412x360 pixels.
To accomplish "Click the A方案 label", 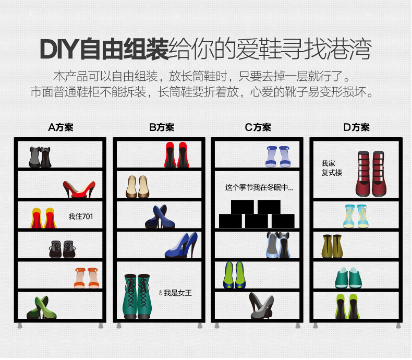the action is click(x=60, y=127).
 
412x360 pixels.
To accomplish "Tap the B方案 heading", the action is click(x=162, y=127).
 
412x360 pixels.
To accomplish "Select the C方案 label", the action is click(x=258, y=127).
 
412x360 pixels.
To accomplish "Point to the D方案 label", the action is click(x=356, y=127).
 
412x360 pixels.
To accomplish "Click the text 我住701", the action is click(x=81, y=216).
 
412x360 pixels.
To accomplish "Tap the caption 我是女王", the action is click(x=175, y=293).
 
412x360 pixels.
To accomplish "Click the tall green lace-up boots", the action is click(x=138, y=296).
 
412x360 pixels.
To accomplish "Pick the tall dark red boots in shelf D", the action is click(x=371, y=174).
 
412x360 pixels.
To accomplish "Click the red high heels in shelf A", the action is click(x=79, y=189).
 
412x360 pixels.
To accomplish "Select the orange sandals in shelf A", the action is click(x=87, y=278).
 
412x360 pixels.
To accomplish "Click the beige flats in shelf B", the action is click(x=137, y=186).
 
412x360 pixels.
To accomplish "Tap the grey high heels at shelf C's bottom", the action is click(x=261, y=306).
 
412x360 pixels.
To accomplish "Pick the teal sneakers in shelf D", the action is click(x=348, y=278).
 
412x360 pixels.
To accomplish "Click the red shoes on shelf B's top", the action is click(x=177, y=155).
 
